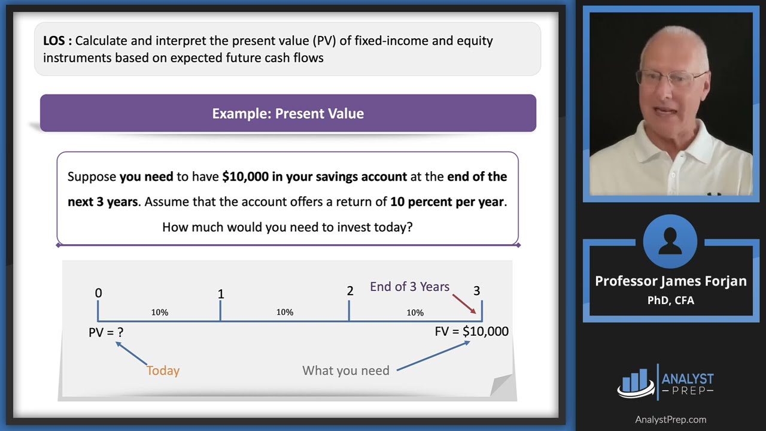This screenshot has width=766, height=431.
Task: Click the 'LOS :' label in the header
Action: coord(57,41)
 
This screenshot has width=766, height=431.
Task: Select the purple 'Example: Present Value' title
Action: coord(288,114)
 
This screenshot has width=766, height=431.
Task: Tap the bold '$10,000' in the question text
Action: coord(245,177)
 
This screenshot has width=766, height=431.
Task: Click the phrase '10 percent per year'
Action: coord(447,202)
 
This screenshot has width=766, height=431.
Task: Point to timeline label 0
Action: coord(98,293)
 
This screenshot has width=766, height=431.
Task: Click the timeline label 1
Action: coord(221,294)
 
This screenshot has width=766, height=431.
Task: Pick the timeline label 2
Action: coord(350,291)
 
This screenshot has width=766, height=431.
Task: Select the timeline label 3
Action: coord(476,291)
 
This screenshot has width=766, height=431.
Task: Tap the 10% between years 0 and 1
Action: coord(159,312)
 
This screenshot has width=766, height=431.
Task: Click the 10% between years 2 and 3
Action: coord(415,312)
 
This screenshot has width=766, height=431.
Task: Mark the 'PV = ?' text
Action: coord(106,332)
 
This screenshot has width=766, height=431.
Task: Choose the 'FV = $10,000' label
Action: coord(472,332)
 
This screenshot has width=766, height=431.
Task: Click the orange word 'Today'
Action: coord(163,371)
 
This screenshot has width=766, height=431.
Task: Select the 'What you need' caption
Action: coord(346,371)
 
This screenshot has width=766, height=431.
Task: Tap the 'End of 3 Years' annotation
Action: coord(409,287)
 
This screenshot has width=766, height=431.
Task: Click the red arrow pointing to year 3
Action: coord(464,303)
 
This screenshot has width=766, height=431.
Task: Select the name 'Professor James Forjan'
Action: coord(670,281)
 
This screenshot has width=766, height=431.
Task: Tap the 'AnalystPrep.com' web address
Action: coord(670,420)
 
